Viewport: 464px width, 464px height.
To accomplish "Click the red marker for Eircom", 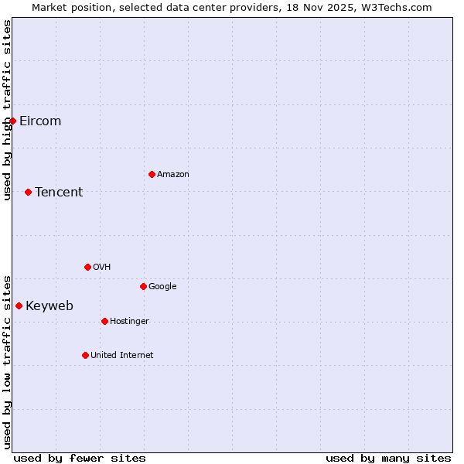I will (x=12, y=121).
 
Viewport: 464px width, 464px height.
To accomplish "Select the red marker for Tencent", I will (x=28, y=192).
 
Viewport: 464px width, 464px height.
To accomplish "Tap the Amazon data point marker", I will (x=152, y=174).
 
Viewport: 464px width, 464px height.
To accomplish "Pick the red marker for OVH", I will (x=87, y=267).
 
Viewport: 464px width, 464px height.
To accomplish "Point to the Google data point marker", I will (x=143, y=286).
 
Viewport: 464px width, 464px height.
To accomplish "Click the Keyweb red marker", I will (x=19, y=305).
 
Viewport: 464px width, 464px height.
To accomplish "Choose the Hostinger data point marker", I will (x=104, y=321).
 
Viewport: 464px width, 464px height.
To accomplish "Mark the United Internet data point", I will (x=85, y=355).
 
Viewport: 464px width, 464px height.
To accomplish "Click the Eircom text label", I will (x=40, y=121).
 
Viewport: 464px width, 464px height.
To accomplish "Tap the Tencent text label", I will (x=59, y=192).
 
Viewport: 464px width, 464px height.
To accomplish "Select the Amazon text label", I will (x=173, y=174).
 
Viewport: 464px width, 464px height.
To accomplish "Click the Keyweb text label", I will (x=49, y=305).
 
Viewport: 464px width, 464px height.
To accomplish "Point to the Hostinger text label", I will (x=129, y=321).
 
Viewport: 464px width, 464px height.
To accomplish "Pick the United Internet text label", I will (x=122, y=355).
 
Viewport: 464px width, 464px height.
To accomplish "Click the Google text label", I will (x=162, y=286).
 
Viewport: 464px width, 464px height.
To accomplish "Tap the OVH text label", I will (x=101, y=267).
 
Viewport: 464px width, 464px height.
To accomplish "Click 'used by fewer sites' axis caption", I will (x=80, y=458).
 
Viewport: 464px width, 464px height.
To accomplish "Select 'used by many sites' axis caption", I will (x=388, y=458).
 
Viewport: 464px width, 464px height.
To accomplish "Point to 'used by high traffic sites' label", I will (x=7, y=110).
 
